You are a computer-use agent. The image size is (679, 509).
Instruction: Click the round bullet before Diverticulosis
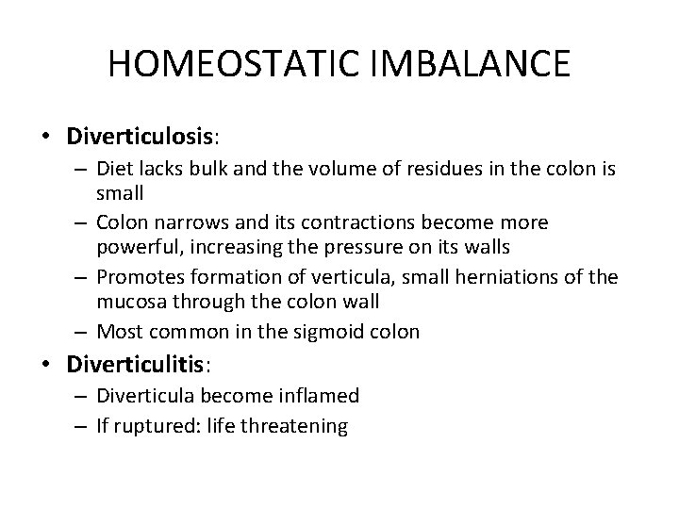(x=46, y=138)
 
